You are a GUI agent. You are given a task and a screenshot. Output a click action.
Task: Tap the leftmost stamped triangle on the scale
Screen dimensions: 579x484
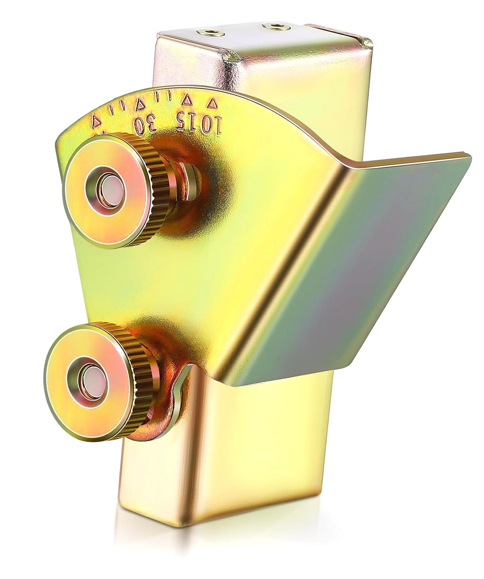coord(96,121)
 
